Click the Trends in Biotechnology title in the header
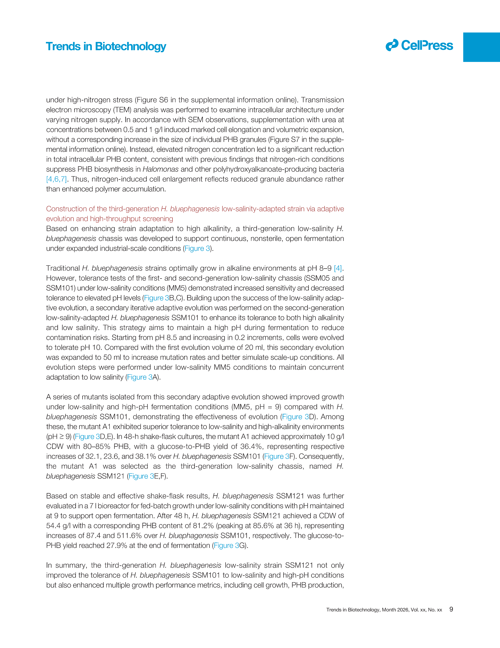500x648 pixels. click(x=106, y=47)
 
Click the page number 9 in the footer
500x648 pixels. click(x=451, y=609)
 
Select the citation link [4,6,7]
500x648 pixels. click(x=56, y=179)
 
